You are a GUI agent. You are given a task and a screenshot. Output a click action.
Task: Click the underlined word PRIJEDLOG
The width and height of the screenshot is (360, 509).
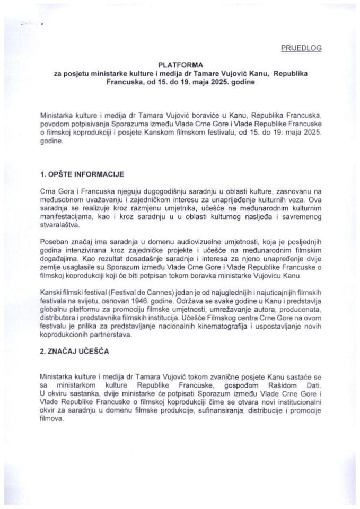tap(300, 48)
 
